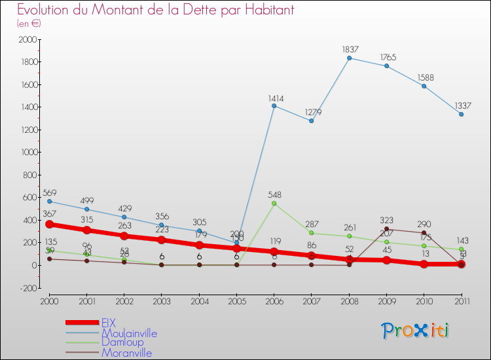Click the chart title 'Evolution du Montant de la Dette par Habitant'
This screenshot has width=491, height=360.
point(155,10)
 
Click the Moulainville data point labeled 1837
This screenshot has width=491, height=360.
point(350,58)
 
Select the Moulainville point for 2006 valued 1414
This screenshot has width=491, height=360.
point(274,106)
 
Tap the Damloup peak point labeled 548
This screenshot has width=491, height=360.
point(274,204)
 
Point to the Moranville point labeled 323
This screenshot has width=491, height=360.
point(387,229)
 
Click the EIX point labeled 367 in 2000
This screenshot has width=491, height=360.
point(49,224)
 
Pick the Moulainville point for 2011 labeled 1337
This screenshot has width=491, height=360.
point(462,115)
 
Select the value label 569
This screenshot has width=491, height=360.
point(49,193)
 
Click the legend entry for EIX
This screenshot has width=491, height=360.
point(109,323)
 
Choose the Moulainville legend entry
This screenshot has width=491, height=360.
point(129,333)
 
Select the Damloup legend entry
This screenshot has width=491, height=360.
point(122,342)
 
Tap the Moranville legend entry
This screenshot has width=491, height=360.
point(126,353)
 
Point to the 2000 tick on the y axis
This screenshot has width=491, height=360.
point(27,39)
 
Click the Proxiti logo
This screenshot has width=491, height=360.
point(416,331)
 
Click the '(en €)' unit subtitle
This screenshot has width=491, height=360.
point(29,24)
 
